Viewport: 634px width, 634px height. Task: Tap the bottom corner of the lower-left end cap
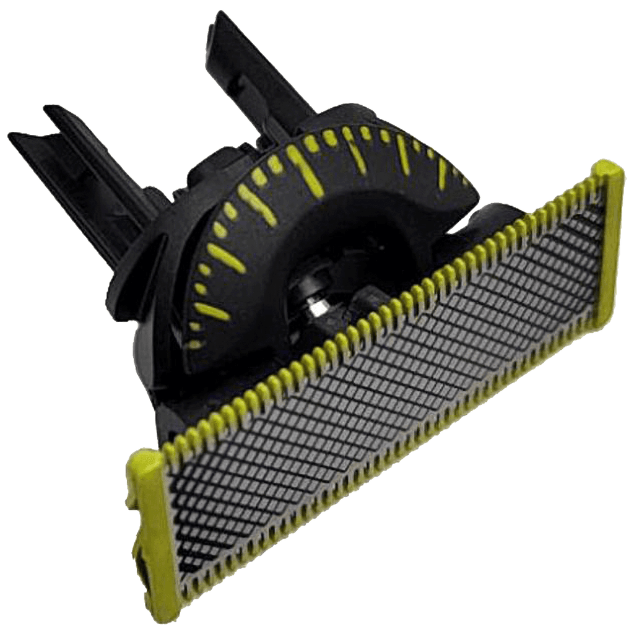click(180, 622)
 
